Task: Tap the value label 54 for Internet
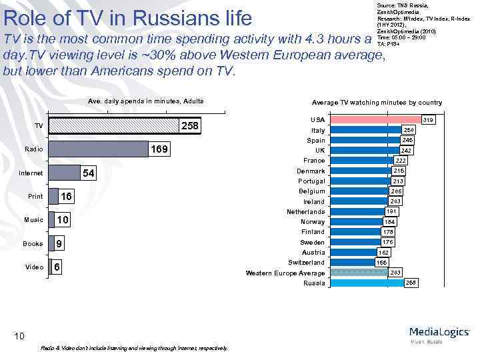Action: (x=88, y=173)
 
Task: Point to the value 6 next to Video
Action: (x=58, y=267)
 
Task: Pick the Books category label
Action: (x=33, y=243)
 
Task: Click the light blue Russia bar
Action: (x=367, y=283)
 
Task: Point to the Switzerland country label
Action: (x=307, y=263)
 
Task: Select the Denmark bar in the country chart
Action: (x=361, y=171)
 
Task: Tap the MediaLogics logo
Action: (x=439, y=333)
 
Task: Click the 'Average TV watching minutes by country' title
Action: (x=377, y=103)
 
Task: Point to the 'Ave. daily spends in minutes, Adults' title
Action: (x=146, y=101)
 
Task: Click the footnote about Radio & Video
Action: (x=133, y=348)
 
